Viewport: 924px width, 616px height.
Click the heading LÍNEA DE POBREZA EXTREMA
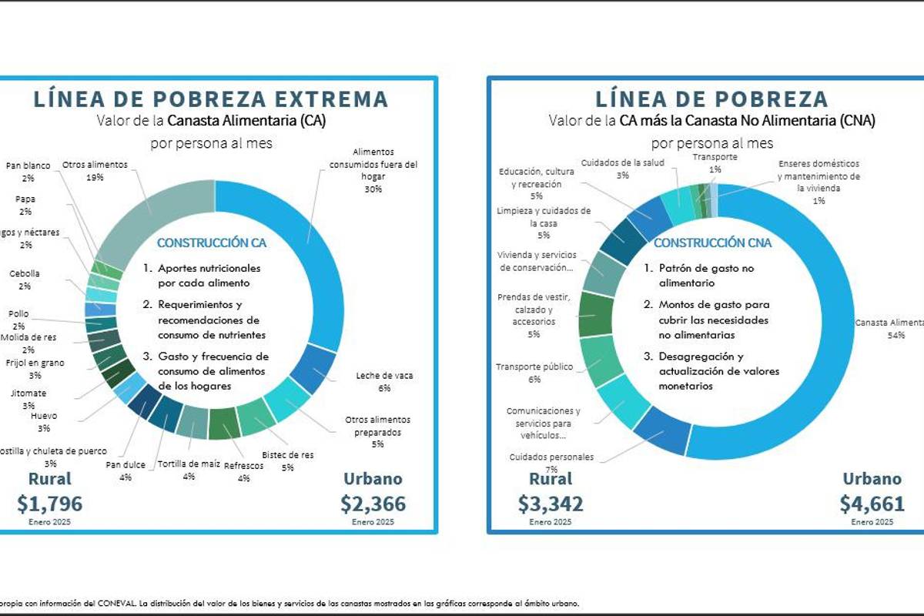pyautogui.click(x=209, y=99)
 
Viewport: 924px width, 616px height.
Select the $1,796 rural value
pyautogui.click(x=49, y=504)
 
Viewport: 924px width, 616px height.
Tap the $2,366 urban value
pyautogui.click(x=373, y=504)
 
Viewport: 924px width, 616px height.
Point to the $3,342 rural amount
pyautogui.click(x=551, y=504)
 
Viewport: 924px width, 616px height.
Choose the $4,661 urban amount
pyautogui.click(x=872, y=504)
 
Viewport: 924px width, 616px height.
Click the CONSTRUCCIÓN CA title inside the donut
pyautogui.click(x=212, y=243)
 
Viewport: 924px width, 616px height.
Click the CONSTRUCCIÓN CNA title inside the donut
pyautogui.click(x=712, y=243)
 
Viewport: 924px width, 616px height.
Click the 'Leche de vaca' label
pyautogui.click(x=384, y=376)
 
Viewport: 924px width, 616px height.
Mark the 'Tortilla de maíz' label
pyautogui.click(x=189, y=464)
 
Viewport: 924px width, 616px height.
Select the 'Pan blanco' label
pyautogui.click(x=28, y=166)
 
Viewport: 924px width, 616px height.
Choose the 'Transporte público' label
pyautogui.click(x=534, y=367)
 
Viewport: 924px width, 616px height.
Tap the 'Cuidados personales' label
pyautogui.click(x=551, y=457)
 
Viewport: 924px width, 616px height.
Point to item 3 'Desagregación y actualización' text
pyautogui.click(x=711, y=371)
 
